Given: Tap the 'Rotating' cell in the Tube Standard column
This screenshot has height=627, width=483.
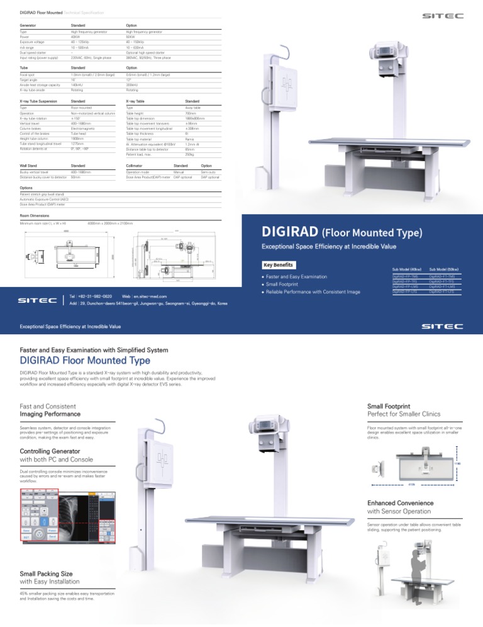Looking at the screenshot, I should (x=78, y=89).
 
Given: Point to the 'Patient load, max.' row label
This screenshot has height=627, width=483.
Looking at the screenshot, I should (x=142, y=154).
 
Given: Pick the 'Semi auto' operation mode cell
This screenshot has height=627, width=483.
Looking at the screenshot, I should (x=209, y=171).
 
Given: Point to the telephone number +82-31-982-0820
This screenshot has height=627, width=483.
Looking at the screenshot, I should (x=94, y=295).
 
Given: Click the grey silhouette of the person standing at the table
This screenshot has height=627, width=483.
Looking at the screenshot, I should (x=380, y=569).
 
